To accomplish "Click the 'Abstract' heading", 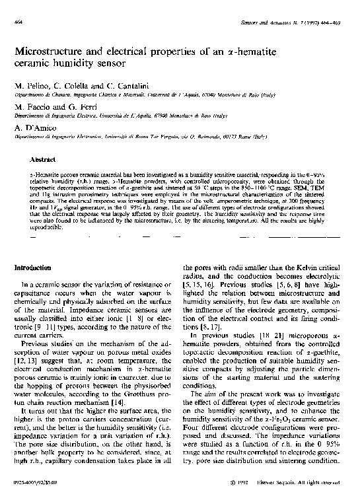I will pyautogui.click(x=43, y=159).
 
